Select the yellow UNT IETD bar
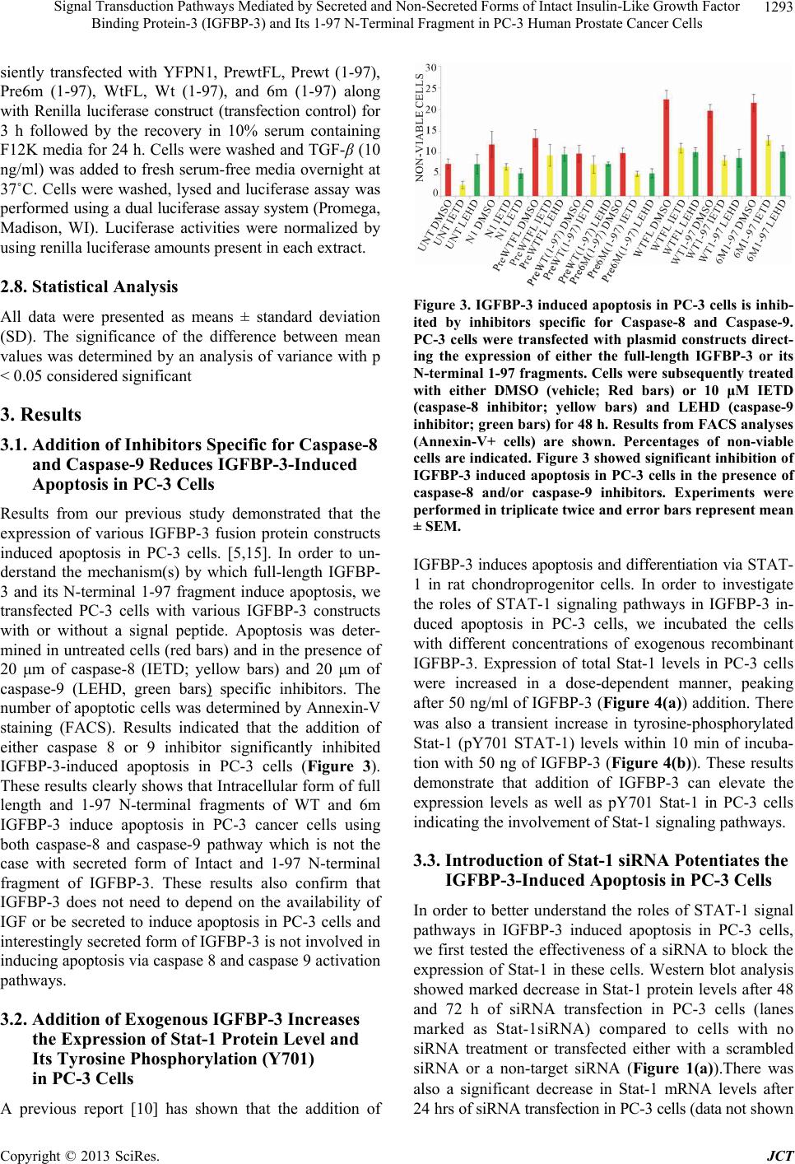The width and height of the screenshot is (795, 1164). click(x=463, y=190)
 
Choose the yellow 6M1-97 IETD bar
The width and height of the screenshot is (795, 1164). click(x=768, y=168)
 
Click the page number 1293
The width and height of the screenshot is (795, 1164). click(x=779, y=8)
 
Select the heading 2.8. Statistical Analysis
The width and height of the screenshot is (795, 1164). click(x=89, y=287)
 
